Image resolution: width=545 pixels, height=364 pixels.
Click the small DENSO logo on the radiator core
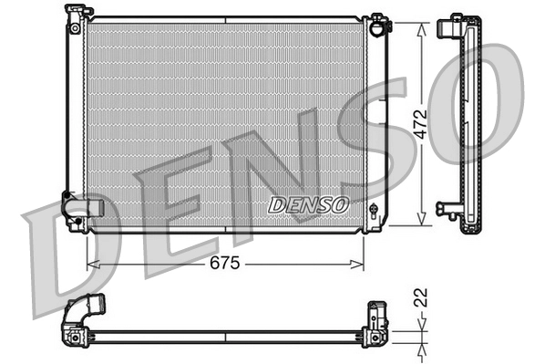tap(308, 204)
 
